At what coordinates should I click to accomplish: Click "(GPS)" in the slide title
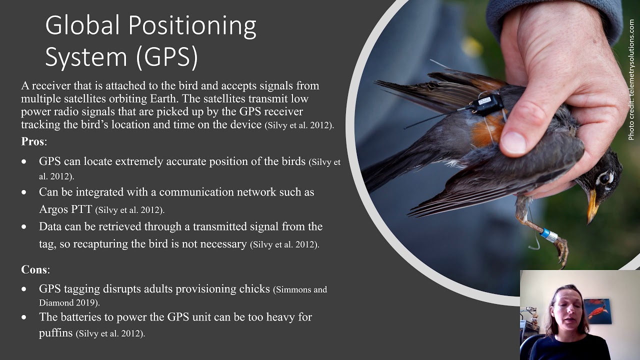pyautogui.click(x=167, y=56)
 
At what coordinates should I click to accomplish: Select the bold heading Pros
pyautogui.click(x=33, y=141)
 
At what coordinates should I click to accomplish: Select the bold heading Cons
pyautogui.click(x=34, y=270)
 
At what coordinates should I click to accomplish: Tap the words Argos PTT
pyautogui.click(x=65, y=209)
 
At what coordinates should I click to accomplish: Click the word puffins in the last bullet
pyautogui.click(x=55, y=332)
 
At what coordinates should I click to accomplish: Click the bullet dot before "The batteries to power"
pyautogui.click(x=24, y=317)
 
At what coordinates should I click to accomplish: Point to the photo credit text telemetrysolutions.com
pyautogui.click(x=631, y=80)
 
